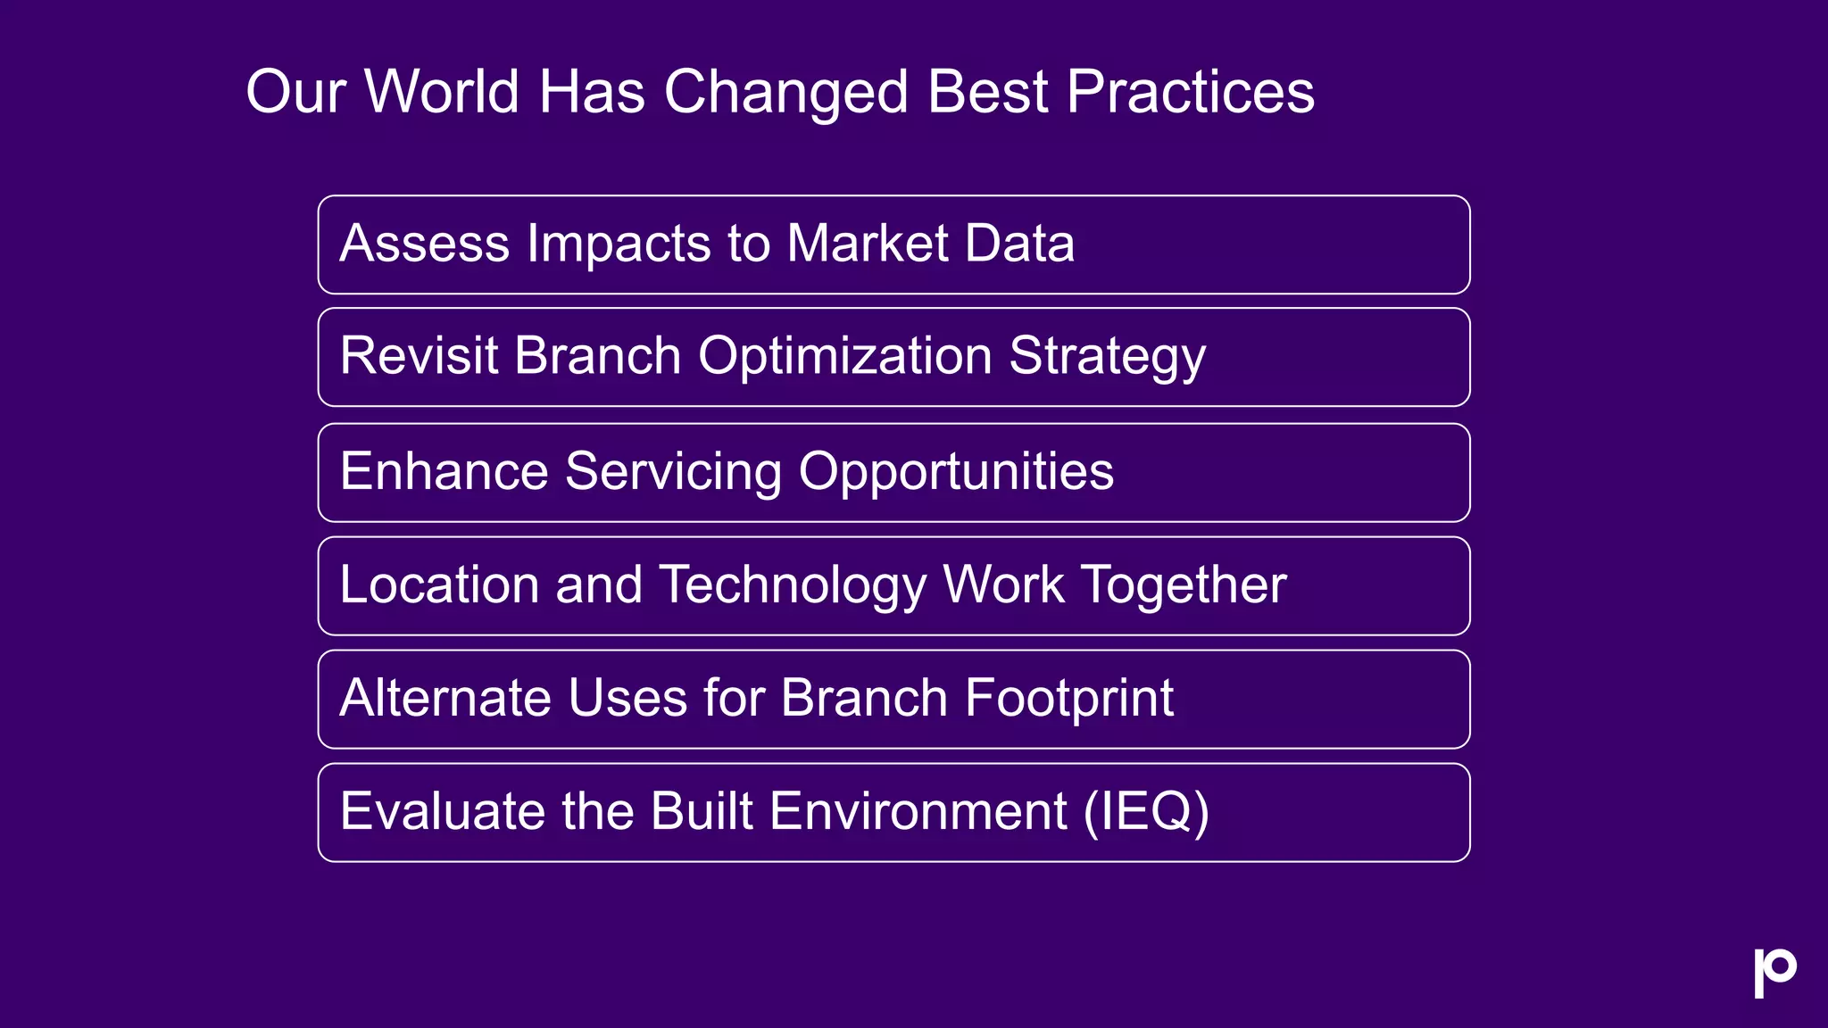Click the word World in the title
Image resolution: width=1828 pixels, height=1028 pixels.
coord(442,92)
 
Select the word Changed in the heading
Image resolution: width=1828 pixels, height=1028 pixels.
coord(785,94)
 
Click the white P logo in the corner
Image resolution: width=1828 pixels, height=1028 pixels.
coord(1774,972)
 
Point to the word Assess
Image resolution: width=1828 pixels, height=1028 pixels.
coord(424,244)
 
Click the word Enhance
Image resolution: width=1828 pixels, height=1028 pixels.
coord(443,471)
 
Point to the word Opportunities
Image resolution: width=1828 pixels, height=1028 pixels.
coord(956,473)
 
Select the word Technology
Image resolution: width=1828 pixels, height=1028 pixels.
coord(793,586)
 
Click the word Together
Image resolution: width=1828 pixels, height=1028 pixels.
coord(1184,586)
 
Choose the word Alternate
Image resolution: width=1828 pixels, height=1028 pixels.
coord(444,698)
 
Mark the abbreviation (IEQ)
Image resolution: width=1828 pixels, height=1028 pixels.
coord(1146,813)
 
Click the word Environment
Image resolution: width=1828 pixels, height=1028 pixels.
coord(918,811)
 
